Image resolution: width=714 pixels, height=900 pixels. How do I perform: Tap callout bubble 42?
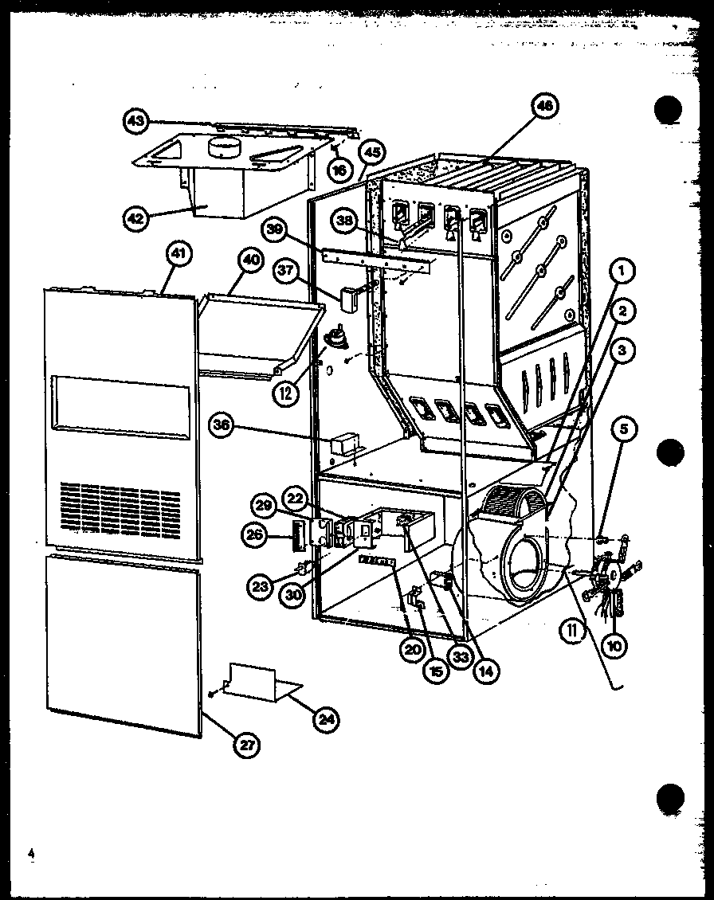tap(138, 217)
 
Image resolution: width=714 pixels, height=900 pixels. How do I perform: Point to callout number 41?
tap(179, 256)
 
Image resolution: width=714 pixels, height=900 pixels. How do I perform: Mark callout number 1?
tap(622, 272)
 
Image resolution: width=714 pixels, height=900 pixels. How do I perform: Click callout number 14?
tap(482, 671)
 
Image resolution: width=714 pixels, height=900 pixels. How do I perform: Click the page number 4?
tap(33, 854)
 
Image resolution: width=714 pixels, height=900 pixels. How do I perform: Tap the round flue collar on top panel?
tap(226, 147)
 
